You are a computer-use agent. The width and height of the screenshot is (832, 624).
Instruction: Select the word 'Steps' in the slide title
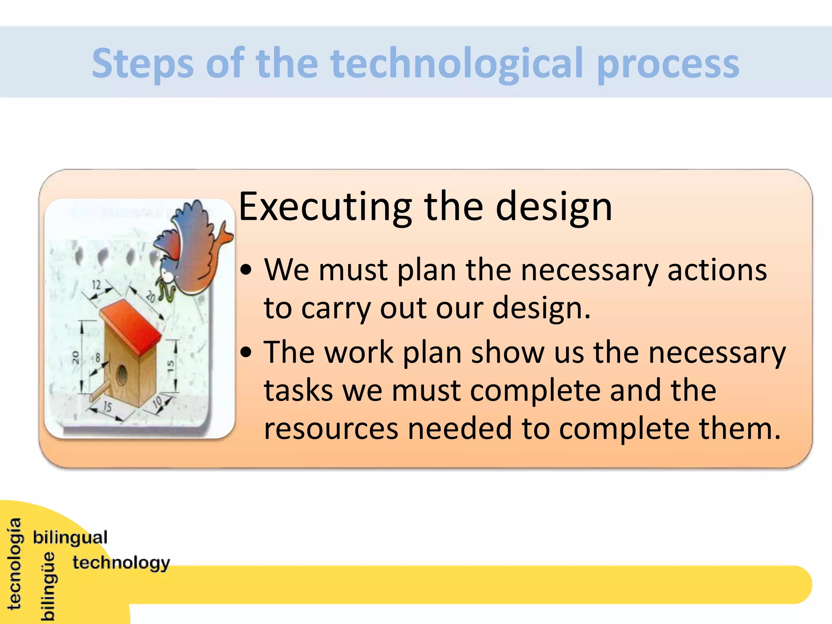[x=143, y=64]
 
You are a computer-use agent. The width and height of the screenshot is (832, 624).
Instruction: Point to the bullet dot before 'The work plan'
[x=246, y=352]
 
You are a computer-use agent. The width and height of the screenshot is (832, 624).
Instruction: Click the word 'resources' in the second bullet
[x=331, y=429]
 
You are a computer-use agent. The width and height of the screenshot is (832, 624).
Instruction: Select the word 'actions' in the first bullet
[x=717, y=270]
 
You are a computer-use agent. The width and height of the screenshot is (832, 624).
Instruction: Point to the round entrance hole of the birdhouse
[x=121, y=375]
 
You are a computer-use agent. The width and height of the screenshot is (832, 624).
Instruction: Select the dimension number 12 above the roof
[x=96, y=284]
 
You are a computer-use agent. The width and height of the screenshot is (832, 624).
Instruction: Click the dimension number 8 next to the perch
[x=98, y=358]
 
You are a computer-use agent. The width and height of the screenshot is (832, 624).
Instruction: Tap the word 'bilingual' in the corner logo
[x=70, y=537]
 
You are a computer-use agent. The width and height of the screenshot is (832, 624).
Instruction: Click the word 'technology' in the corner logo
[x=121, y=563]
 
